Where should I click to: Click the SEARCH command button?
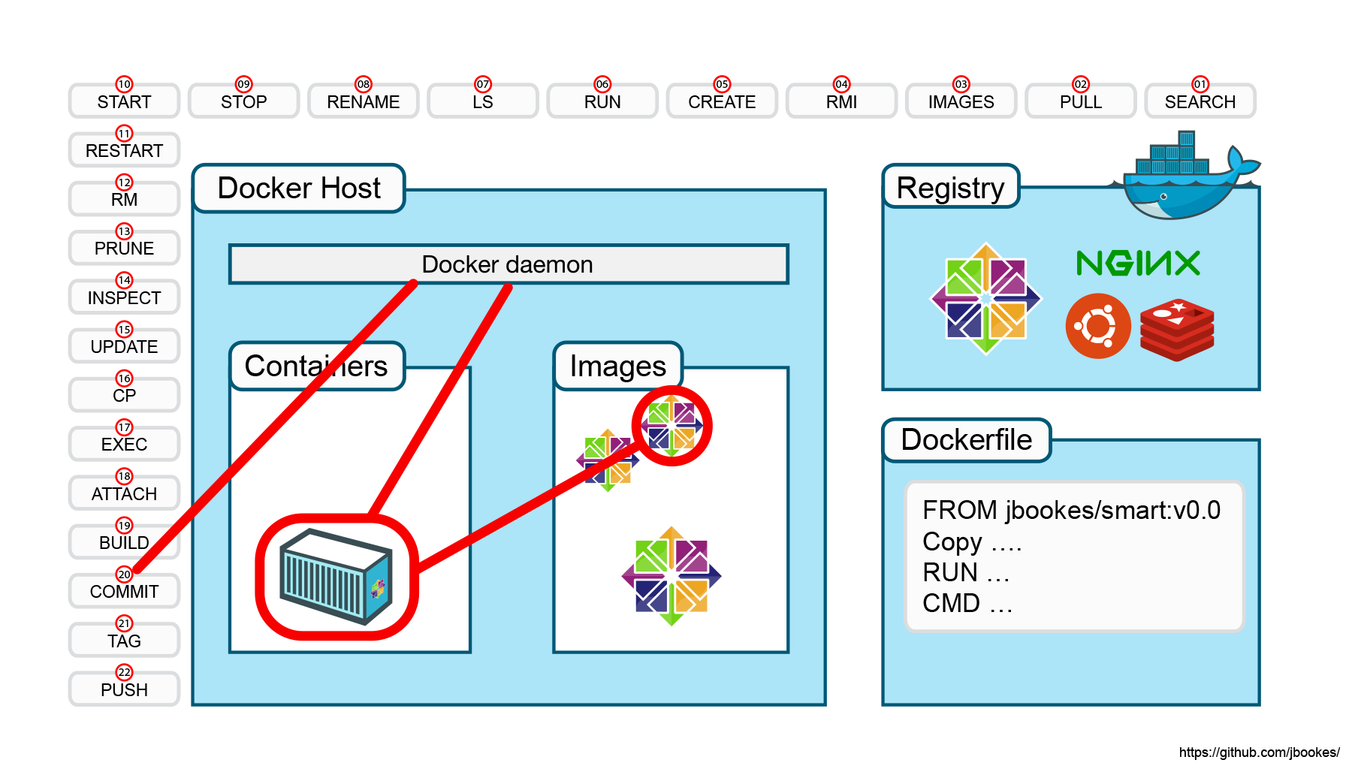coord(1200,101)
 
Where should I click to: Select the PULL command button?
coord(1080,101)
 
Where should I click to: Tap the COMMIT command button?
coord(124,591)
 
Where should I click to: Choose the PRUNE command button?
coord(124,248)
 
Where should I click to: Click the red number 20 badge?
coord(124,574)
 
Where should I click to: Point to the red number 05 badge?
coord(722,84)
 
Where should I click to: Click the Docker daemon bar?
coord(509,264)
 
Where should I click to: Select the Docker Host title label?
coord(299,188)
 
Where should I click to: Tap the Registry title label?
coord(951,187)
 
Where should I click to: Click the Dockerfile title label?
coord(967,440)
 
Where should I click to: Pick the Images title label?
coord(618,366)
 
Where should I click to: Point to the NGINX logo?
coord(1138,263)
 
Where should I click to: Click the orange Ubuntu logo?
coord(1098,326)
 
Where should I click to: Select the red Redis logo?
coord(1177,330)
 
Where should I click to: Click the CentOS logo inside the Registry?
coord(985,298)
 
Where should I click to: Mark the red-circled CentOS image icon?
coord(671,426)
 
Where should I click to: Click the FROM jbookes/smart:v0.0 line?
coord(1072,510)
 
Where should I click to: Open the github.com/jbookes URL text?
coord(1260,752)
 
